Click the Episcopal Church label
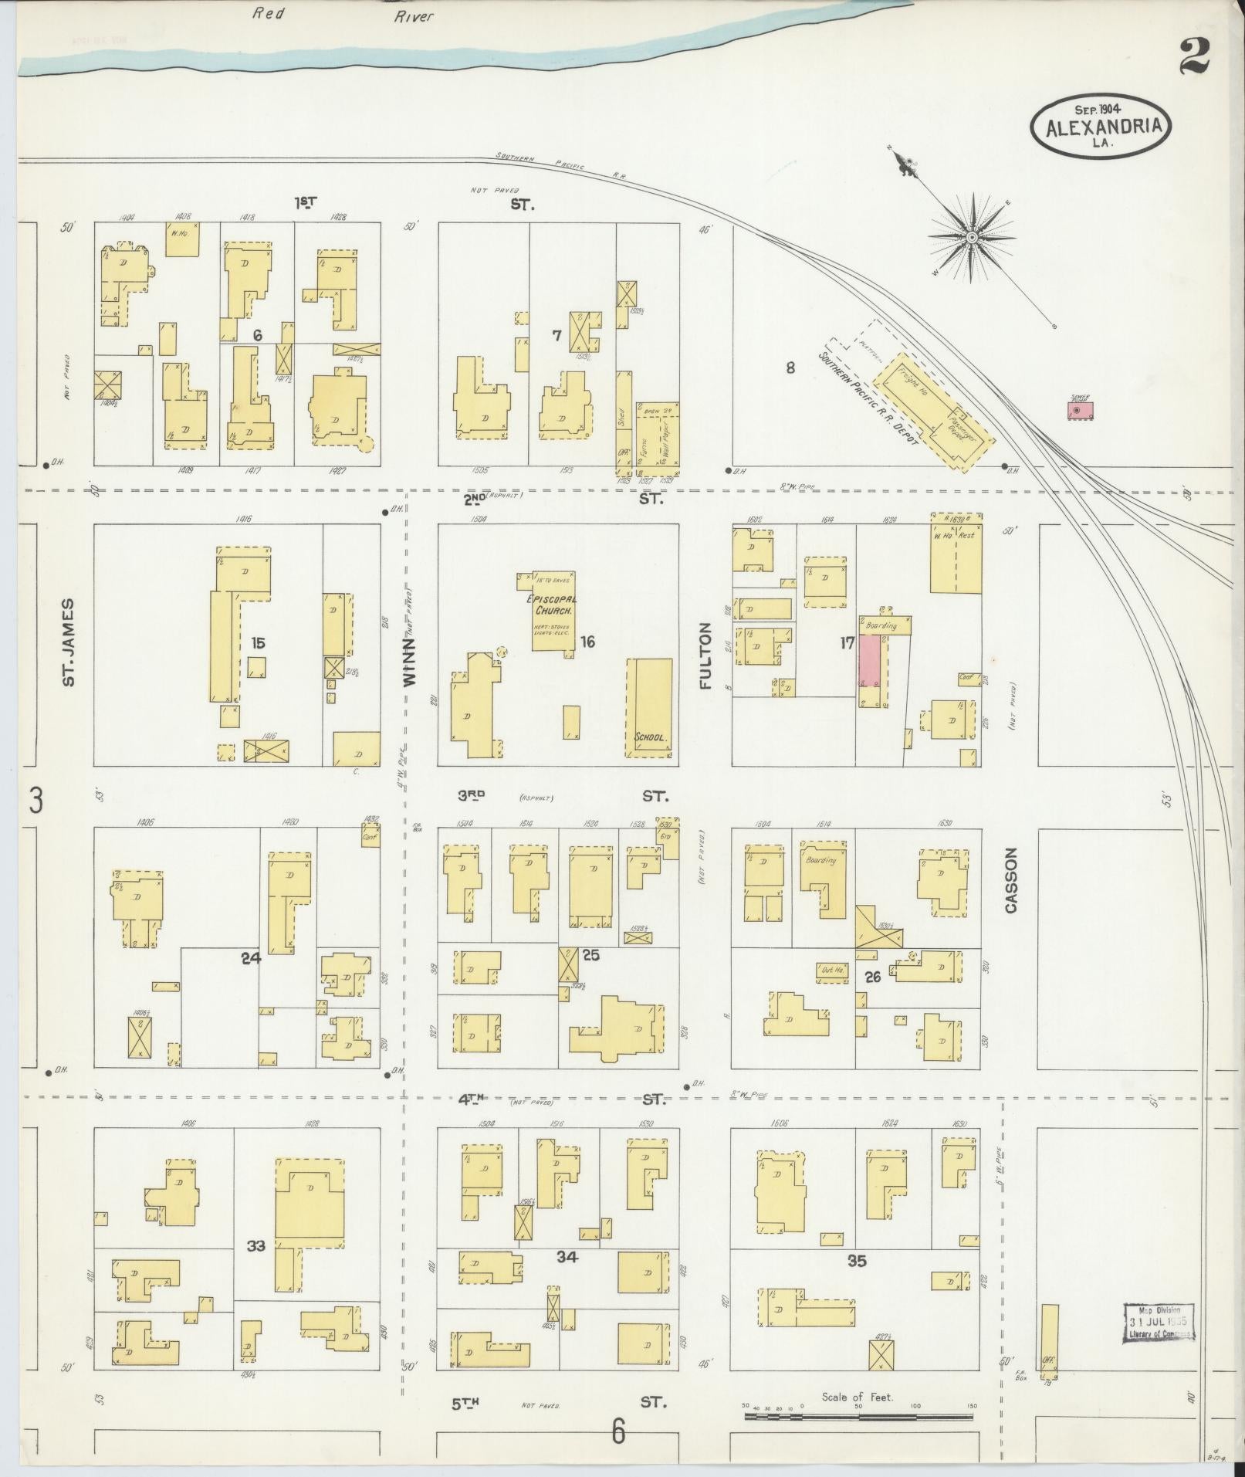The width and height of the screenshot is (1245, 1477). click(x=552, y=605)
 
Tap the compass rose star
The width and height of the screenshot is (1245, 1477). click(x=971, y=236)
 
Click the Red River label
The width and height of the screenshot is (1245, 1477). click(x=340, y=15)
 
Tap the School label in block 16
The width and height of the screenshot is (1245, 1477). click(x=650, y=737)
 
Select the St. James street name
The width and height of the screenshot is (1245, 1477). click(x=69, y=642)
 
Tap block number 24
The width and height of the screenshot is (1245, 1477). click(x=251, y=958)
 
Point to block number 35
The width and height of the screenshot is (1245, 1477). click(x=857, y=1261)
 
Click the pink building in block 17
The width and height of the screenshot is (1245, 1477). click(x=870, y=661)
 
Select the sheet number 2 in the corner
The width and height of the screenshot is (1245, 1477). click(x=1196, y=58)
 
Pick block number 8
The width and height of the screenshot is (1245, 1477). click(x=790, y=368)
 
